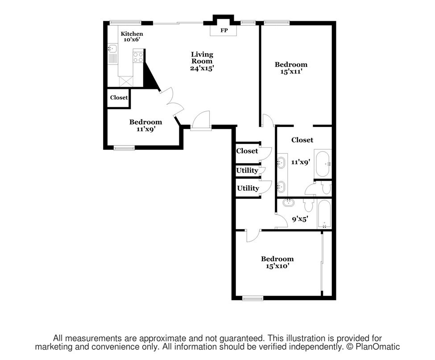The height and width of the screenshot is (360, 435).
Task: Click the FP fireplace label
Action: (x=224, y=30)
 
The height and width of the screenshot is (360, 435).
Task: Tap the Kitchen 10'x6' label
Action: (x=132, y=36)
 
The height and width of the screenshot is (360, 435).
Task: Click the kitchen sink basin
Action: (x=112, y=49)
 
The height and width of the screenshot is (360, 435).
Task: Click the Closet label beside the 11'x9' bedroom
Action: (x=119, y=97)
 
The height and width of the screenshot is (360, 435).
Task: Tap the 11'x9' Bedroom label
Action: (x=145, y=125)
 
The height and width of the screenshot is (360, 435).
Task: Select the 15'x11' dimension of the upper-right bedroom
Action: (x=291, y=71)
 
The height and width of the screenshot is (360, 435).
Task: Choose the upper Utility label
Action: (x=247, y=170)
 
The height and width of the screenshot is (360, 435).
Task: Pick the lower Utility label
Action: (x=248, y=188)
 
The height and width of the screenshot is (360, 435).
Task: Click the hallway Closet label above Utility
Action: (x=247, y=151)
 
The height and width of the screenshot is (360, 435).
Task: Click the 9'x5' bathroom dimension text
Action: (x=300, y=219)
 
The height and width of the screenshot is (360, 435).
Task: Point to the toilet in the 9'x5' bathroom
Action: (x=308, y=205)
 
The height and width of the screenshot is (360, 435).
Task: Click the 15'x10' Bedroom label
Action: (x=277, y=263)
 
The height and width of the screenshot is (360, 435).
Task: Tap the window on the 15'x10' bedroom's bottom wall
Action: (x=253, y=298)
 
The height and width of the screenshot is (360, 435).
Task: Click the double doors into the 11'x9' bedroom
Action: (x=174, y=103)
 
